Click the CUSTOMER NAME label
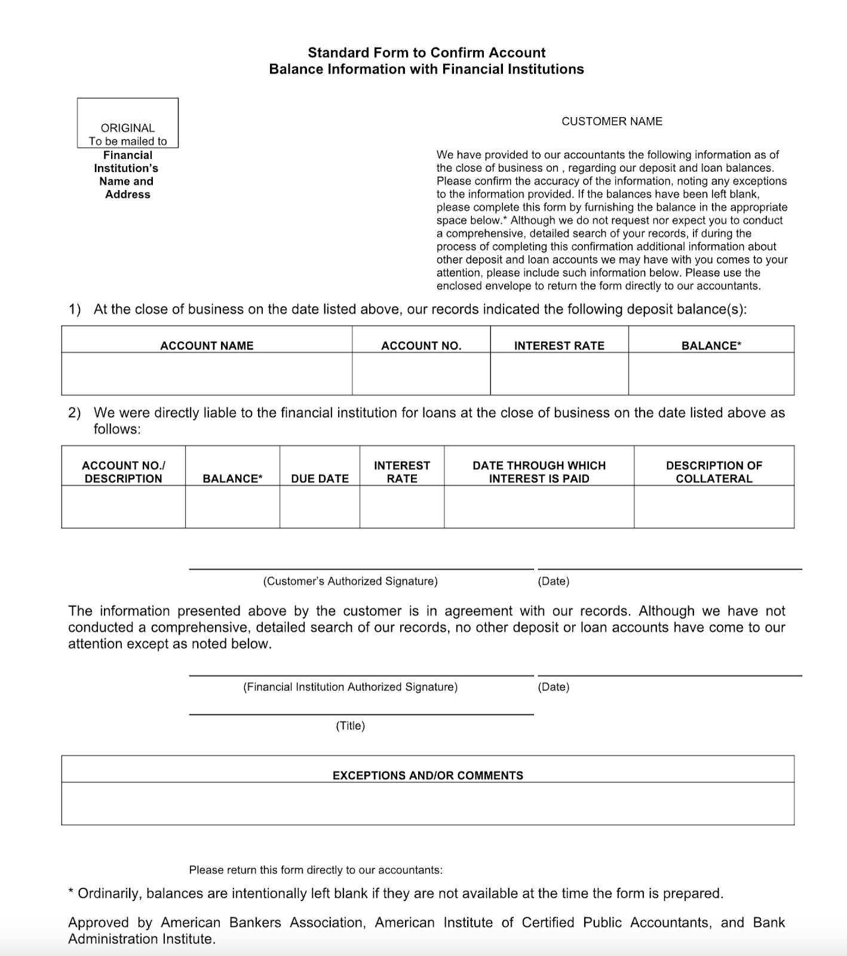(x=612, y=121)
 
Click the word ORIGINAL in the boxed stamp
(x=127, y=128)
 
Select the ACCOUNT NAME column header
(x=207, y=345)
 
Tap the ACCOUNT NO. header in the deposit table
(x=421, y=345)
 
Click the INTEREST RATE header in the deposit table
(x=559, y=345)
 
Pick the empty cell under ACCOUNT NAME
(x=207, y=373)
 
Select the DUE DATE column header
(x=320, y=479)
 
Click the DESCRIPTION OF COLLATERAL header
(x=714, y=471)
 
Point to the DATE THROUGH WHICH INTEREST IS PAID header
(x=539, y=471)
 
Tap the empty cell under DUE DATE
(x=320, y=507)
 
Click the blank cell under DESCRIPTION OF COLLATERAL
(x=714, y=507)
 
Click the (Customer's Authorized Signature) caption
(x=350, y=581)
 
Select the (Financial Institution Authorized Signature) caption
(x=350, y=687)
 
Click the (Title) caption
(x=350, y=726)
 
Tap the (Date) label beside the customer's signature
(x=554, y=581)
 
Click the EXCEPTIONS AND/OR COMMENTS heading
(x=428, y=776)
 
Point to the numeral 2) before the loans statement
(x=74, y=413)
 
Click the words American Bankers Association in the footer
(x=263, y=923)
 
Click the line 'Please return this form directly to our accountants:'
(x=316, y=870)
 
